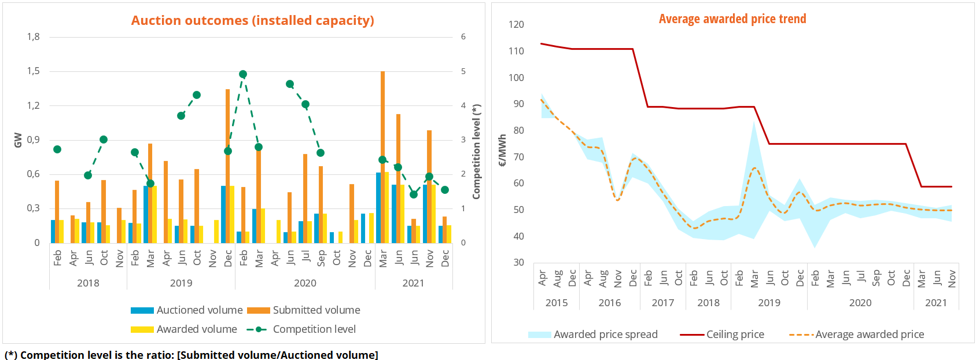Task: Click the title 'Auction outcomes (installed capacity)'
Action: pos(252,20)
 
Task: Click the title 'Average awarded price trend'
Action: pos(732,19)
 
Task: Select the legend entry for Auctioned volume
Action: pos(187,310)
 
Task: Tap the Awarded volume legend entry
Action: pos(184,329)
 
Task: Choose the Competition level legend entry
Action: pos(301,329)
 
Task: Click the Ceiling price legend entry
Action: pos(722,335)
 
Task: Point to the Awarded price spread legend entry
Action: pos(593,335)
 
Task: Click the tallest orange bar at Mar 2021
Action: pos(383,156)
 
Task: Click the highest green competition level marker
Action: pos(243,74)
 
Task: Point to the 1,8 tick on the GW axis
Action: pos(34,37)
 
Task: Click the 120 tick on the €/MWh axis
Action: pos(516,24)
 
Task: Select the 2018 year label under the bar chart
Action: pos(88,283)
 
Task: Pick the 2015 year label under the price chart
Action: pos(557,303)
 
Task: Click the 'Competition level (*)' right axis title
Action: pos(476,152)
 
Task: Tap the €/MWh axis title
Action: pos(502,150)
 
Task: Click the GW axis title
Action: pos(18,140)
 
